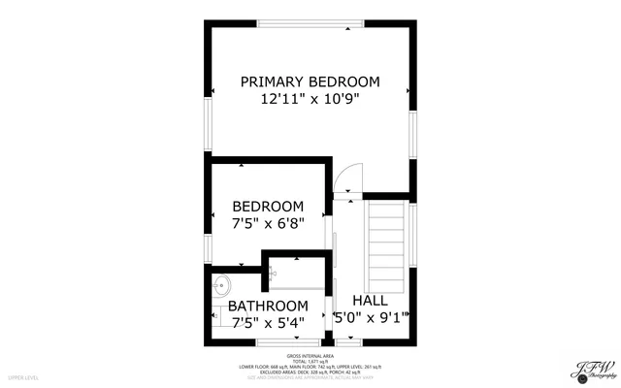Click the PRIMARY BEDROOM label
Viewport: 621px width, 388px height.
pos(310,81)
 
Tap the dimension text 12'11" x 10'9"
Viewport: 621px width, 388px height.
pos(310,99)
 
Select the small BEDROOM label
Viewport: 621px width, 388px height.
pos(268,207)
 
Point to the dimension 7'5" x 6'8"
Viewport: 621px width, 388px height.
pos(268,223)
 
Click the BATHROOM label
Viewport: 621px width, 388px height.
pos(268,307)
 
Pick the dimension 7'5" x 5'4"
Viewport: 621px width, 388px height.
pos(268,323)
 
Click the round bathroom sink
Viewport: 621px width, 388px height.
pos(222,285)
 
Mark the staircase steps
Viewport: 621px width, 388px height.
pos(387,238)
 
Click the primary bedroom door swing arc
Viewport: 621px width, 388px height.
pos(345,177)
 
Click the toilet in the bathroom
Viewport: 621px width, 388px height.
pos(215,314)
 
